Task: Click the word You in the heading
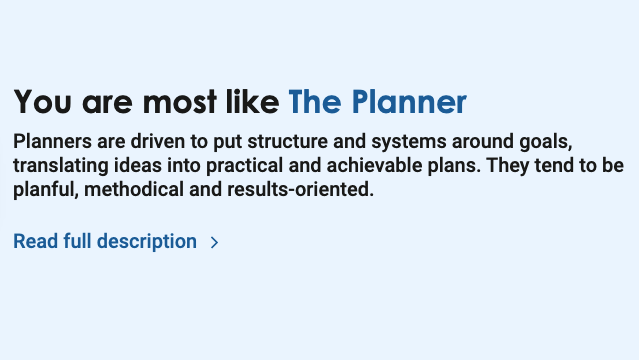(43, 102)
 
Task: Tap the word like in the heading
(252, 102)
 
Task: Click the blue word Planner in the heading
(410, 102)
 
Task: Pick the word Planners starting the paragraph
(52, 139)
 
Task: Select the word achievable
(361, 164)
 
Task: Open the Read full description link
(105, 241)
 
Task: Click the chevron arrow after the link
(215, 242)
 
